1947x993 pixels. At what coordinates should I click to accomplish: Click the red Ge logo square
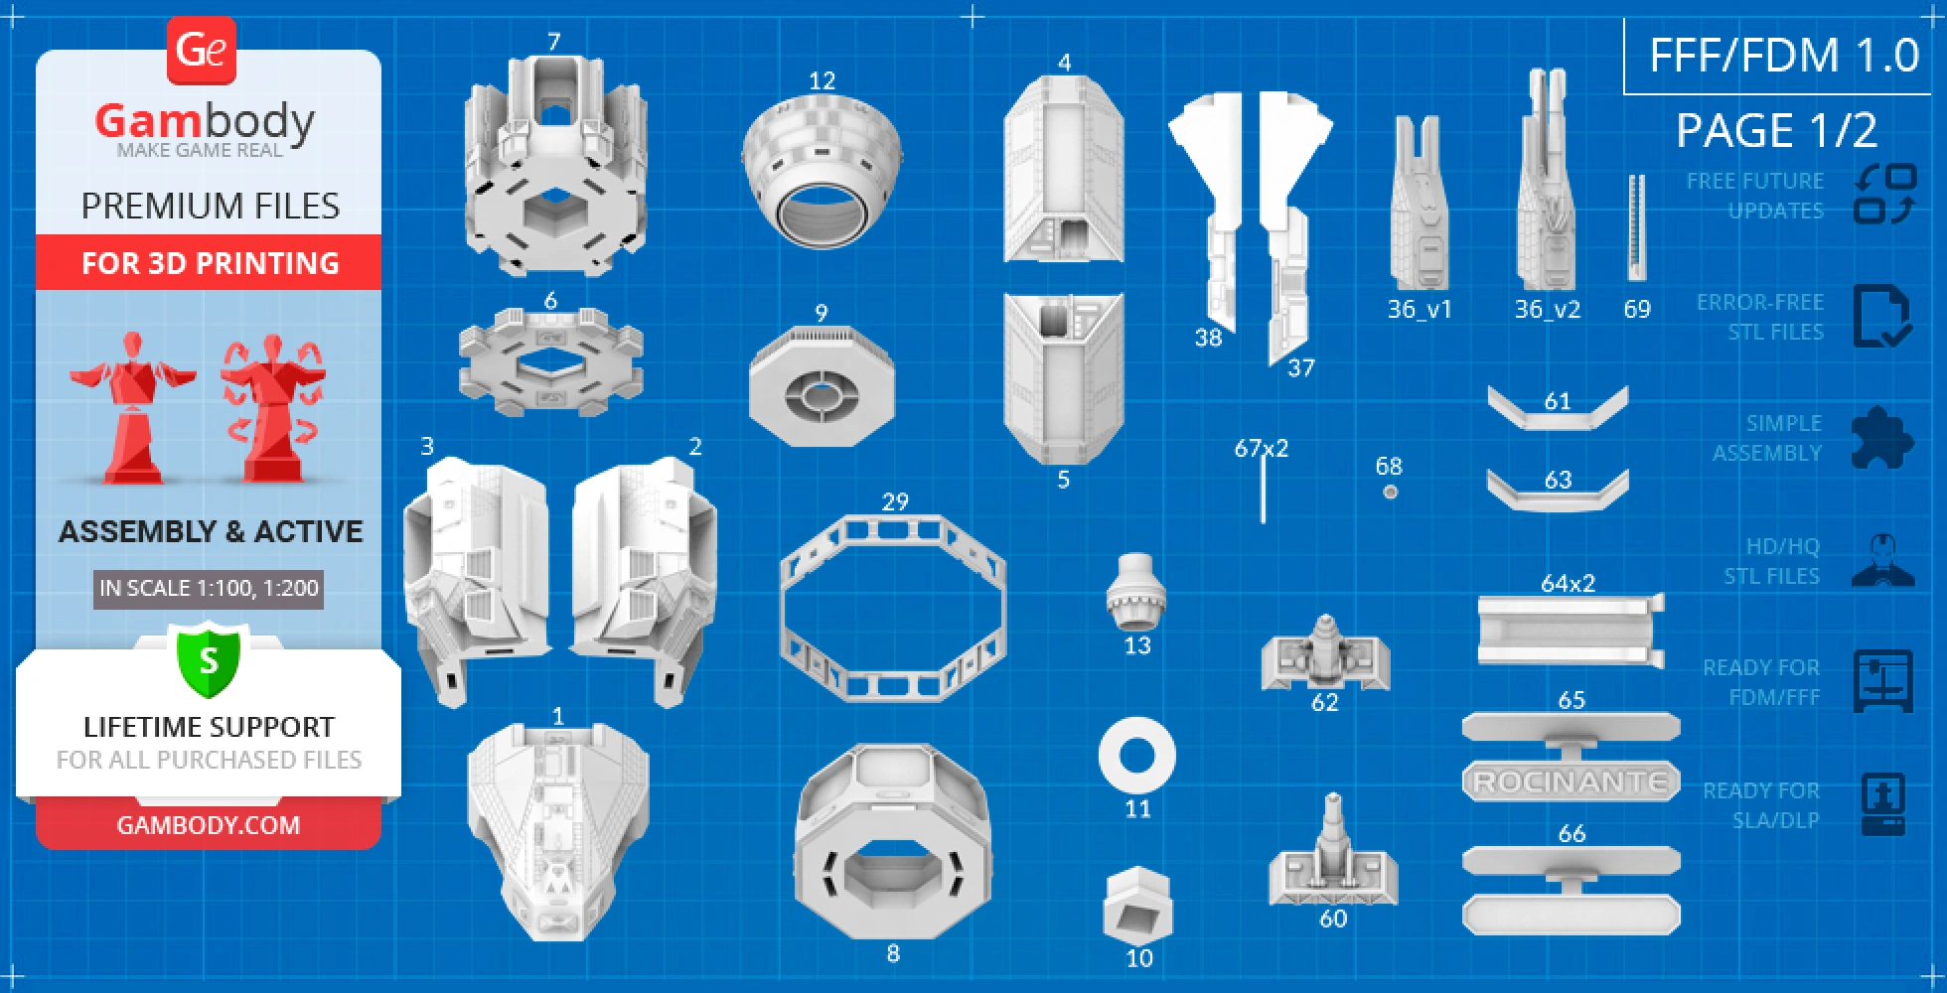coord(202,50)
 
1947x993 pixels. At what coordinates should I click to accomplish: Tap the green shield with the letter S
coord(209,659)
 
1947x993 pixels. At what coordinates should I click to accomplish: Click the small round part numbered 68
coord(1391,492)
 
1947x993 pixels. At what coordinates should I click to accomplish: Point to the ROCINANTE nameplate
coord(1571,782)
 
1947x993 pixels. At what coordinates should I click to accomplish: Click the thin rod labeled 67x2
coord(1263,491)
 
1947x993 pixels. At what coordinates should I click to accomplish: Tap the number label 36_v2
coord(1547,310)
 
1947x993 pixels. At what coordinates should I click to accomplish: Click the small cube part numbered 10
coord(1137,906)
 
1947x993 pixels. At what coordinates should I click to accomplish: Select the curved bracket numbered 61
coord(1557,413)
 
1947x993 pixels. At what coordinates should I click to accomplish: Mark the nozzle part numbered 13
coord(1135,592)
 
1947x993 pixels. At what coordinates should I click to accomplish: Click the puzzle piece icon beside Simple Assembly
coord(1881,438)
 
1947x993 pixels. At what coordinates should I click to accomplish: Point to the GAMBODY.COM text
coord(209,825)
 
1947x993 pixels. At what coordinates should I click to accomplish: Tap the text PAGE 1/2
coord(1776,131)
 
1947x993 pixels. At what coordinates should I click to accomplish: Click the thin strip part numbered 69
coord(1636,228)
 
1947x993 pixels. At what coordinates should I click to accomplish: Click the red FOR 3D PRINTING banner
coord(209,263)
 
